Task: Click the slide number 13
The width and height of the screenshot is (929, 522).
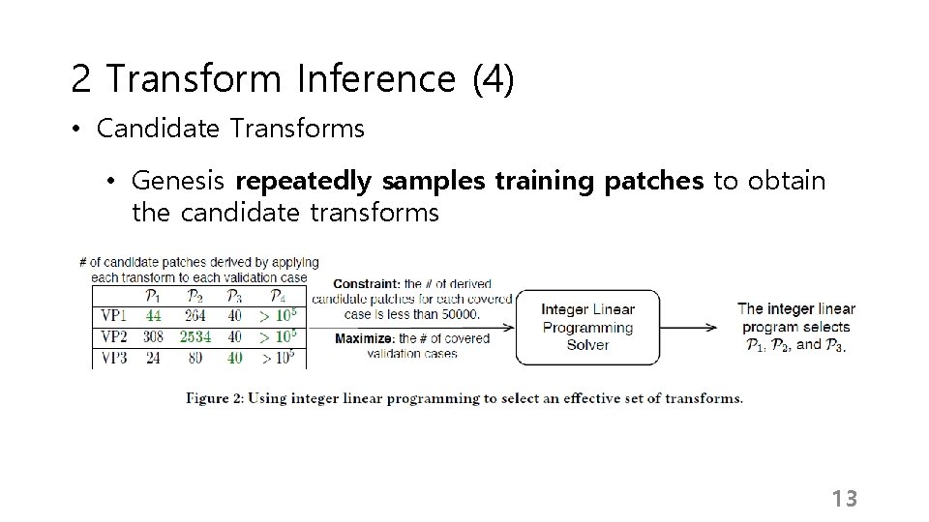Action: pyautogui.click(x=844, y=499)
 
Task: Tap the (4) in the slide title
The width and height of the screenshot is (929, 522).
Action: pyautogui.click(x=493, y=79)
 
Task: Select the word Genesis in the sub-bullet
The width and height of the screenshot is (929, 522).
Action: pyautogui.click(x=178, y=181)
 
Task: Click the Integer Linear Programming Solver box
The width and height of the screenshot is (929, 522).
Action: pyautogui.click(x=587, y=328)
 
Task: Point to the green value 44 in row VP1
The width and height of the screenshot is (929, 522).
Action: pyautogui.click(x=153, y=315)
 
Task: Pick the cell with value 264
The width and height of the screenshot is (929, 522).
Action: pyautogui.click(x=195, y=315)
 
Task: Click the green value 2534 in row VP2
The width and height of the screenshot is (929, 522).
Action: pyautogui.click(x=195, y=336)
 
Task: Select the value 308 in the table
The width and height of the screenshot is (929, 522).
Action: pyautogui.click(x=153, y=336)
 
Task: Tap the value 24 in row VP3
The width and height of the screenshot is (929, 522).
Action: pyautogui.click(x=153, y=358)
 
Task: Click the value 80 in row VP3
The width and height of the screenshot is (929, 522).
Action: pyautogui.click(x=195, y=358)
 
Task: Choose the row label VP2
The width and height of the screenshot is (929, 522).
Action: pyautogui.click(x=114, y=336)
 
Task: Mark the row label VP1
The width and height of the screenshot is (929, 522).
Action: pyautogui.click(x=114, y=315)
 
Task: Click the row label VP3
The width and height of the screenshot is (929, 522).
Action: pyautogui.click(x=114, y=358)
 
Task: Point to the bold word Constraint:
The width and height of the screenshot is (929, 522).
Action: pyautogui.click(x=368, y=284)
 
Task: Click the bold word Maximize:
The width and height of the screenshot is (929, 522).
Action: pyautogui.click(x=365, y=339)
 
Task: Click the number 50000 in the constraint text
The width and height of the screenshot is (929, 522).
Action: pyautogui.click(x=459, y=313)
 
